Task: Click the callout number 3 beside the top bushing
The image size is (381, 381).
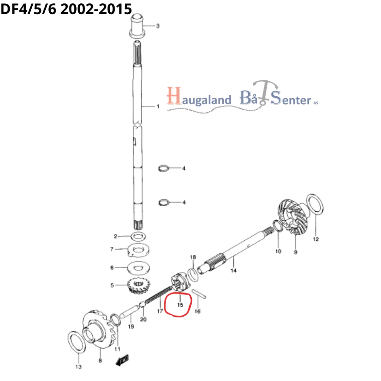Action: [x=158, y=26]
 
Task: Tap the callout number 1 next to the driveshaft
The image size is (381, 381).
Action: [x=158, y=106]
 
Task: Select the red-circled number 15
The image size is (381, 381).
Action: [x=180, y=305]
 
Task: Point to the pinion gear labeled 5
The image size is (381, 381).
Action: [x=138, y=286]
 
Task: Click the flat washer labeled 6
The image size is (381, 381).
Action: [x=138, y=268]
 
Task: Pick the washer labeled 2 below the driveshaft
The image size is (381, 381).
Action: [x=138, y=236]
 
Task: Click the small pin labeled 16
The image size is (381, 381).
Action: [x=199, y=294]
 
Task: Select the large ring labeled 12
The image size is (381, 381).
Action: [x=315, y=204]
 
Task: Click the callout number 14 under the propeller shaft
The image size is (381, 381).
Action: [x=234, y=270]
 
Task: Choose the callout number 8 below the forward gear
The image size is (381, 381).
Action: [x=100, y=361]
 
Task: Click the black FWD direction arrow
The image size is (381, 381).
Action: [x=122, y=360]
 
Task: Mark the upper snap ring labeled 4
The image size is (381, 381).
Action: [x=163, y=168]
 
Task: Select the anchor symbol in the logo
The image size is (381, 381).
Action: [x=265, y=92]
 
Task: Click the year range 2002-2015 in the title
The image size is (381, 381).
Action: [x=96, y=9]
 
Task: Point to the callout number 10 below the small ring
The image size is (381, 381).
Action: [x=278, y=251]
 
